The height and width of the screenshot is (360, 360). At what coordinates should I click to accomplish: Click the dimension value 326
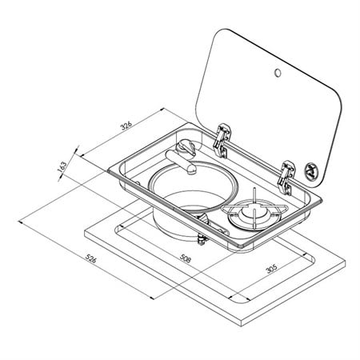pyautogui.click(x=126, y=126)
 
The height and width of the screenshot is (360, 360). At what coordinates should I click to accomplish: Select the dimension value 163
pyautogui.click(x=62, y=166)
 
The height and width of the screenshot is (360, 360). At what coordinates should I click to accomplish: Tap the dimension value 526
pyautogui.click(x=90, y=258)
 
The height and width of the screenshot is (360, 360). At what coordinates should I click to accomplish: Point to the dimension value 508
pyautogui.click(x=186, y=258)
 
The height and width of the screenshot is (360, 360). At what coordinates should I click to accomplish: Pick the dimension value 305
pyautogui.click(x=272, y=269)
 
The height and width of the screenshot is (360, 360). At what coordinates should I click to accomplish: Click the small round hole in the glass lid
pyautogui.click(x=278, y=73)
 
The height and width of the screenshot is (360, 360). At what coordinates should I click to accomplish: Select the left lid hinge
pyautogui.click(x=222, y=141)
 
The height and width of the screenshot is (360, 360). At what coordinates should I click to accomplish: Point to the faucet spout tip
pyautogui.click(x=191, y=170)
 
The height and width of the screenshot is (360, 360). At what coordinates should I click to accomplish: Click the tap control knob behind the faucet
pyautogui.click(x=186, y=148)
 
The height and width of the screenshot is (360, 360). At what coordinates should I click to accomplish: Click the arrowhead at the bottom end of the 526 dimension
pyautogui.click(x=151, y=298)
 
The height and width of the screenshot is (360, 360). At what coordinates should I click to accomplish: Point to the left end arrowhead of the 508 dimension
pyautogui.click(x=120, y=226)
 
